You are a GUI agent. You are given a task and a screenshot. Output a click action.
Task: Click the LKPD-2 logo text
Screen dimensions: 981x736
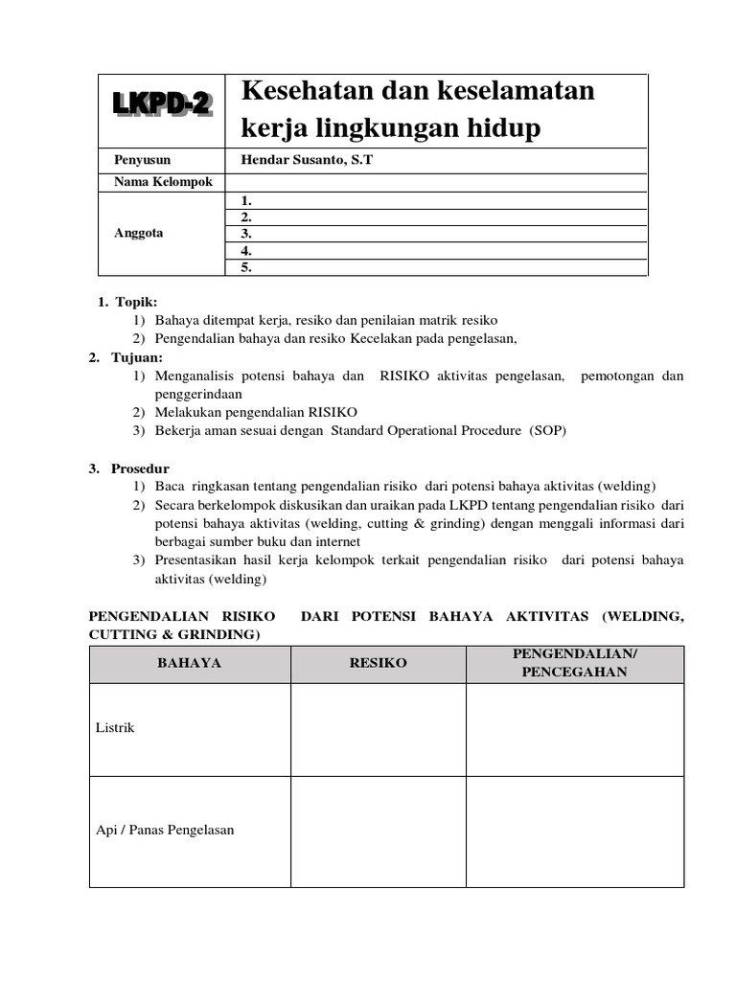click(x=162, y=103)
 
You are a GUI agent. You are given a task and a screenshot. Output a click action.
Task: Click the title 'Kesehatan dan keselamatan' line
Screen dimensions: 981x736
click(x=418, y=91)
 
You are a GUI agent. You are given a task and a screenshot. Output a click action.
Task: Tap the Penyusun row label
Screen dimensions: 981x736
click(x=142, y=160)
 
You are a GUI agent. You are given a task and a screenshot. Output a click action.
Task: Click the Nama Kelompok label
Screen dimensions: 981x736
click(x=163, y=182)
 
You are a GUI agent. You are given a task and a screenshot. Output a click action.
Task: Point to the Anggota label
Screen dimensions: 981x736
click(x=138, y=233)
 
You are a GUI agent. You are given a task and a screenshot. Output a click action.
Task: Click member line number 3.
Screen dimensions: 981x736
click(x=246, y=234)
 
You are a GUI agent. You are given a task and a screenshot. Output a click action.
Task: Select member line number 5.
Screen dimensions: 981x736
click(x=246, y=267)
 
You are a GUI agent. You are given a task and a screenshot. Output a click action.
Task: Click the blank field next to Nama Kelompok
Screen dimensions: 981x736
click(x=436, y=182)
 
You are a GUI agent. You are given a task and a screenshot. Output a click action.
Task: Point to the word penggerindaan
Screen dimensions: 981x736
click(x=198, y=393)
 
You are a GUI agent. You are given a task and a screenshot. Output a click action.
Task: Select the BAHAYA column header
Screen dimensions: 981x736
click(x=190, y=663)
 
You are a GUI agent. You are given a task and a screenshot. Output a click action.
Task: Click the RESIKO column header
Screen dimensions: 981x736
click(x=378, y=663)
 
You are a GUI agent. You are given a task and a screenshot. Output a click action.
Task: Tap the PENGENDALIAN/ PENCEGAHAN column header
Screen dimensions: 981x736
click(x=574, y=663)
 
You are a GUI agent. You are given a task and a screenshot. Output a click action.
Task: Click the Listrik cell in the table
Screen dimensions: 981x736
click(x=115, y=728)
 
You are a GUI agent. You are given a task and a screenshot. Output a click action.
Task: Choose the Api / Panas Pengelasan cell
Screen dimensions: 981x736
click(x=165, y=830)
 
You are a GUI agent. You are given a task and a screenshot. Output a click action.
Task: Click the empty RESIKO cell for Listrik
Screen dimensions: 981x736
click(x=378, y=729)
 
